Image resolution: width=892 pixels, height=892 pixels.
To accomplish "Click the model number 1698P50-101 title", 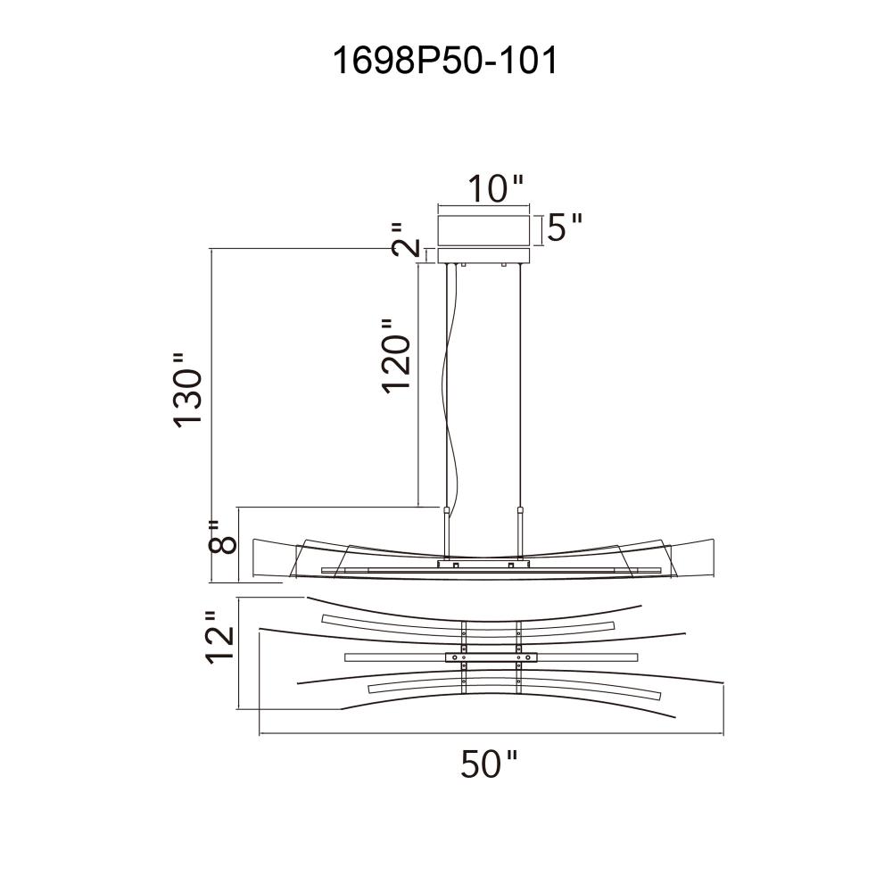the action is point(445,61).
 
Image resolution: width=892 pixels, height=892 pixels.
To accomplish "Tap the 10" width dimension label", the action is point(495,188).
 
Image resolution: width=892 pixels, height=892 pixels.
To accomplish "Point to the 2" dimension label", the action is point(406,239).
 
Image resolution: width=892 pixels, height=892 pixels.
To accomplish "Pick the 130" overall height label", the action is point(187,391).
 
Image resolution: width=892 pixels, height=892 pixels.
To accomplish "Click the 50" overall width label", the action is point(489,764).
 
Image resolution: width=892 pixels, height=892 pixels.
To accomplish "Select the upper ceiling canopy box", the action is point(483,230).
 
